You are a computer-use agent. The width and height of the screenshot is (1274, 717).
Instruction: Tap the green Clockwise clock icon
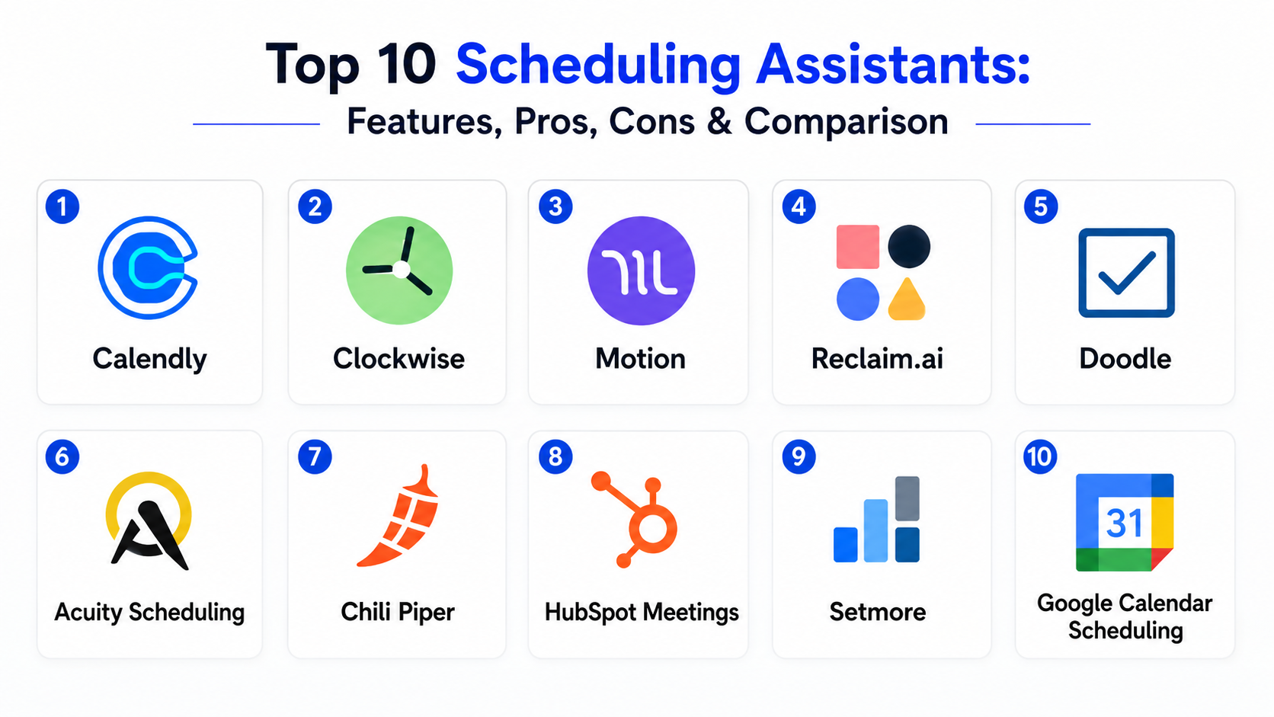[399, 270]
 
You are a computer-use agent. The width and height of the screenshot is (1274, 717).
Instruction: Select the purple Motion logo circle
[641, 270]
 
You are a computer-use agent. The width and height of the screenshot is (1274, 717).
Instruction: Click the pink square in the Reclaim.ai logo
[858, 247]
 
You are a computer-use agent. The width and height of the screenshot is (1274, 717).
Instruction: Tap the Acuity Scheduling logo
[149, 521]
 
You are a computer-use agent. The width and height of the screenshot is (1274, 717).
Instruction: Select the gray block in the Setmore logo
[907, 498]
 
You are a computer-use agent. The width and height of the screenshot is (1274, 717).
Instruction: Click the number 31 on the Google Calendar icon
[1124, 523]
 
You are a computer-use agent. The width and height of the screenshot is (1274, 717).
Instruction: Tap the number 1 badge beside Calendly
[62, 206]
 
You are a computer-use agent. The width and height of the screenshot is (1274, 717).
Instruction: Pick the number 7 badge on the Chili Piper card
[315, 456]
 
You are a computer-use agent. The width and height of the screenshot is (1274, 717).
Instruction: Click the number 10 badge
[1040, 456]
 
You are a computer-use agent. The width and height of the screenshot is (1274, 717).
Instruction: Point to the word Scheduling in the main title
[598, 67]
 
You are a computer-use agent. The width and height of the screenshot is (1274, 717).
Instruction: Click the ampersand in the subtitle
[719, 121]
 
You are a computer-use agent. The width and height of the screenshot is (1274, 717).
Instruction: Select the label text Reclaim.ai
[877, 359]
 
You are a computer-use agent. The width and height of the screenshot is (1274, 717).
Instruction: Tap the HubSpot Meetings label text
[642, 613]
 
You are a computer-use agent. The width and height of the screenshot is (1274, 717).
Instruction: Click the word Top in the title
[312, 66]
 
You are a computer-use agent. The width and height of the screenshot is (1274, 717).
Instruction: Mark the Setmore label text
[877, 612]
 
